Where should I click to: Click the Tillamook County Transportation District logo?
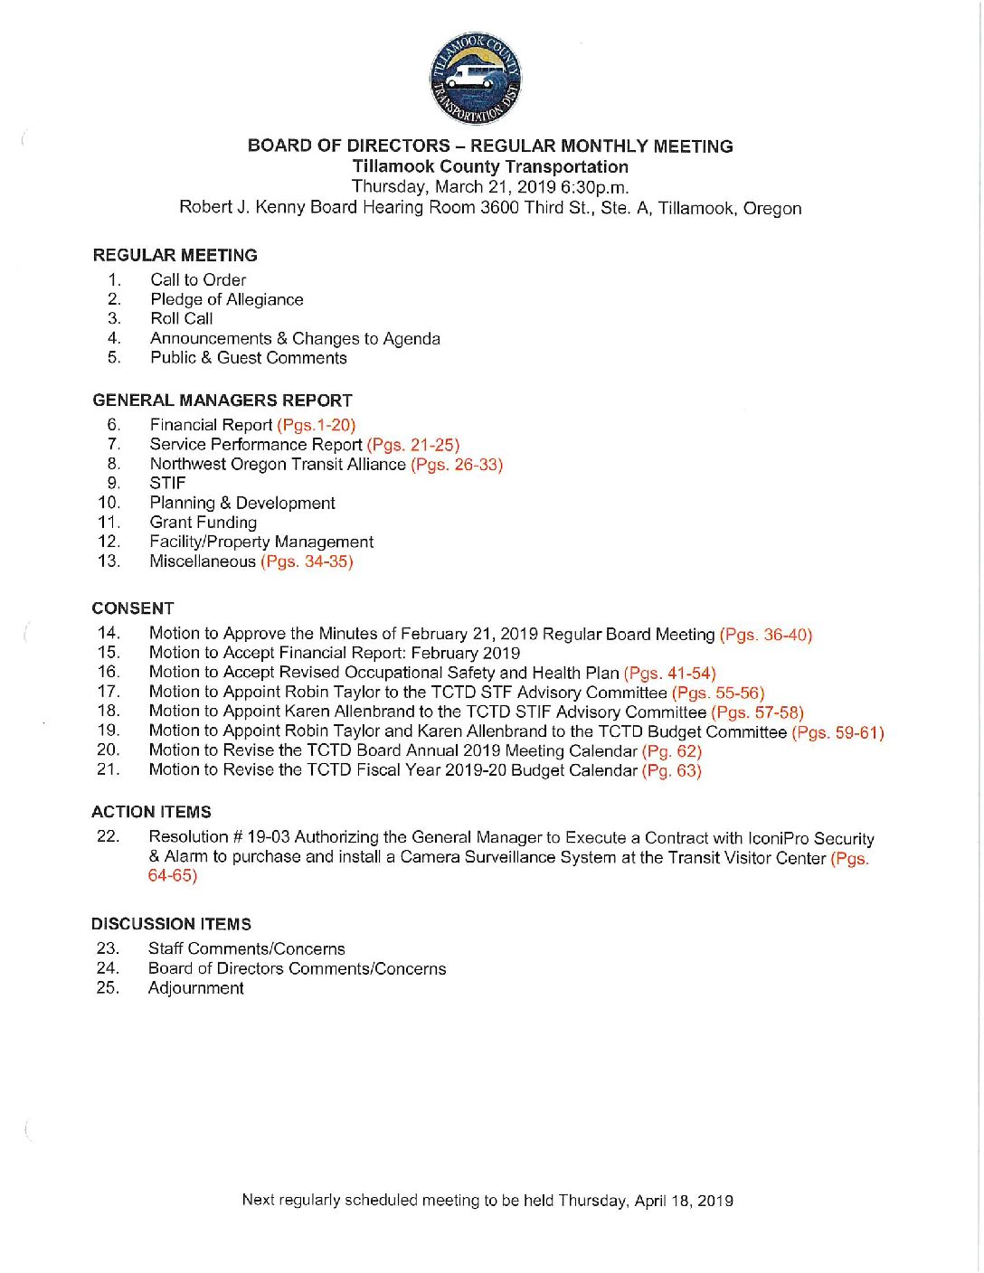[476, 79]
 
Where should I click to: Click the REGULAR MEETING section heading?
[175, 256]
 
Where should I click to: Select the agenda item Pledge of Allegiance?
[226, 299]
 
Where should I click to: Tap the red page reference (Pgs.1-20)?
[316, 425]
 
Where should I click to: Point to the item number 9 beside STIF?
[113, 484]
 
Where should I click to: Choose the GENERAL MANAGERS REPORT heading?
[222, 401]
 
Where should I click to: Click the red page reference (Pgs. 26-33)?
[456, 465]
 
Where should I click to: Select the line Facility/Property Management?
[261, 542]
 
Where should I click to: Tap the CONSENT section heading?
[132, 608]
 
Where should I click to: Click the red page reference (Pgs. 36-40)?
[765, 635]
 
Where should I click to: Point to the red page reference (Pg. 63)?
[671, 770]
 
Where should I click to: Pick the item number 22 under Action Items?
[108, 836]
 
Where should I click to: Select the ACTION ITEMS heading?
[151, 812]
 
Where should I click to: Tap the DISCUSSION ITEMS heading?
[171, 924]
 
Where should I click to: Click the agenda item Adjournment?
[195, 988]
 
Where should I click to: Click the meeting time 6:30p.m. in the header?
[594, 187]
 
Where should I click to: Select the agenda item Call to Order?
[198, 280]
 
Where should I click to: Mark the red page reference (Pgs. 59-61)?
[837, 732]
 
